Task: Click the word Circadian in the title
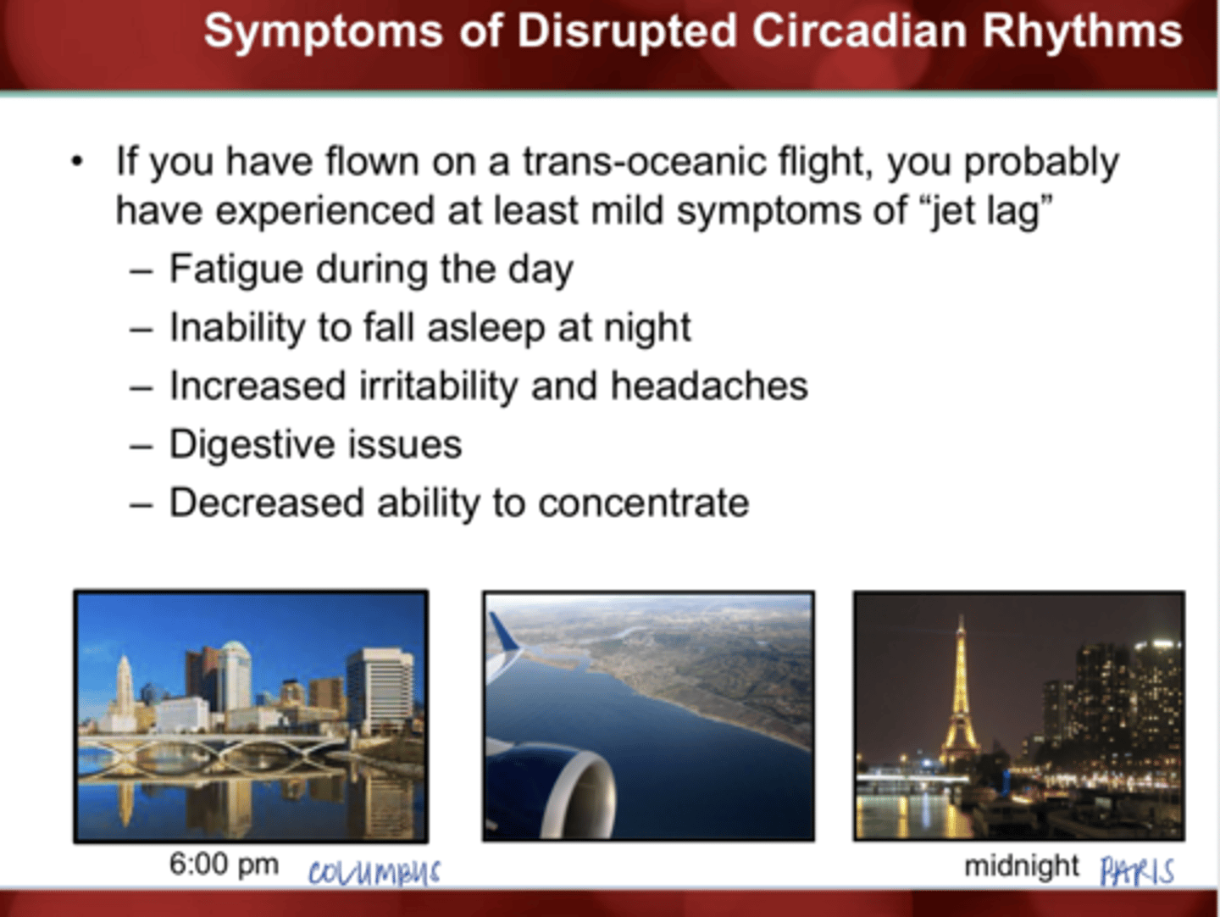tap(857, 31)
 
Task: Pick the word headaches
tap(709, 386)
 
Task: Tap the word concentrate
tap(643, 503)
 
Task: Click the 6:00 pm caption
tap(224, 864)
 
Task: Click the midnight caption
tap(1021, 866)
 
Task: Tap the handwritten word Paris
tap(1136, 871)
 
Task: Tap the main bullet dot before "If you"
tap(78, 161)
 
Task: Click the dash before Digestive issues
tap(141, 446)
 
